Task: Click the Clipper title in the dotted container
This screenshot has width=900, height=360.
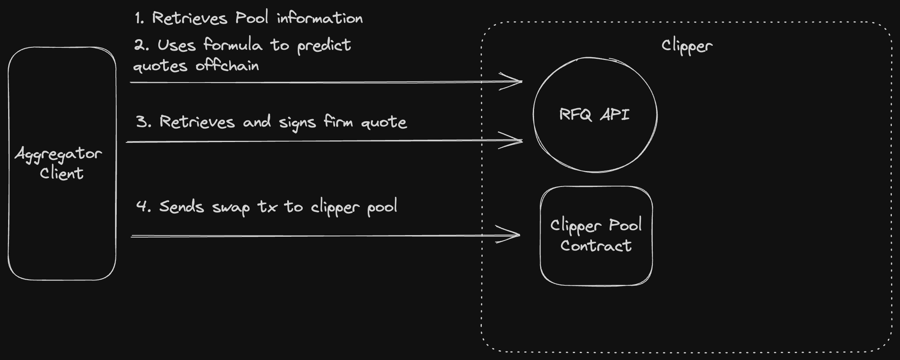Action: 687,46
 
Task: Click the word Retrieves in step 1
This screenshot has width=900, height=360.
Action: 189,18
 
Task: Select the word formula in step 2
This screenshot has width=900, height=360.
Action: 233,44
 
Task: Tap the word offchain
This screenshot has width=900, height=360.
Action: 227,66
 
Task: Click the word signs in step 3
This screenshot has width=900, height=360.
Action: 297,122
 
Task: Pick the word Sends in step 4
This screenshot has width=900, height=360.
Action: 181,207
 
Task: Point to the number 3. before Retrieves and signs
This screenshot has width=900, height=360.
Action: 144,122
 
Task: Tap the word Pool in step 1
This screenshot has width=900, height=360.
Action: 252,18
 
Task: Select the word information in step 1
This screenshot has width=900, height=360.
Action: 320,18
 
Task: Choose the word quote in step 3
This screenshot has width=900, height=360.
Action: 384,122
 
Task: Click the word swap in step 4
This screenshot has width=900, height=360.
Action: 231,208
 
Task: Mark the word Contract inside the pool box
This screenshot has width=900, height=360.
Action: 596,246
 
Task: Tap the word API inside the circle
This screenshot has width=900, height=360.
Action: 615,114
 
